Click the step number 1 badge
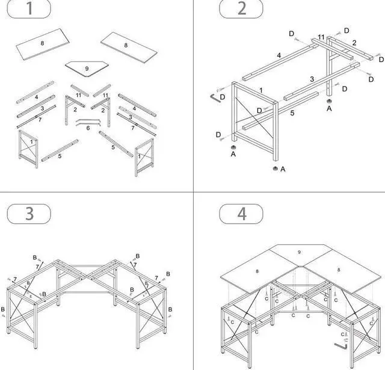tap(29, 10)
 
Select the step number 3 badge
tap(29, 213)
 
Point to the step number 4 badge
tap(241, 213)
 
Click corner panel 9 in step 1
tap(87, 68)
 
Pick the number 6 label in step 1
tap(88, 127)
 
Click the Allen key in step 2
tap(214, 97)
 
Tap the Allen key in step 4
tap(344, 345)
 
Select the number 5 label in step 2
tap(292, 113)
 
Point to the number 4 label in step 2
tap(279, 56)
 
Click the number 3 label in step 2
tap(312, 79)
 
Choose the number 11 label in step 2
tap(322, 37)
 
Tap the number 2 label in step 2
tap(354, 43)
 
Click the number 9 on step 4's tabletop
tap(299, 252)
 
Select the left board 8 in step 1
tap(42, 46)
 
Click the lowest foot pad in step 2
tap(276, 169)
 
